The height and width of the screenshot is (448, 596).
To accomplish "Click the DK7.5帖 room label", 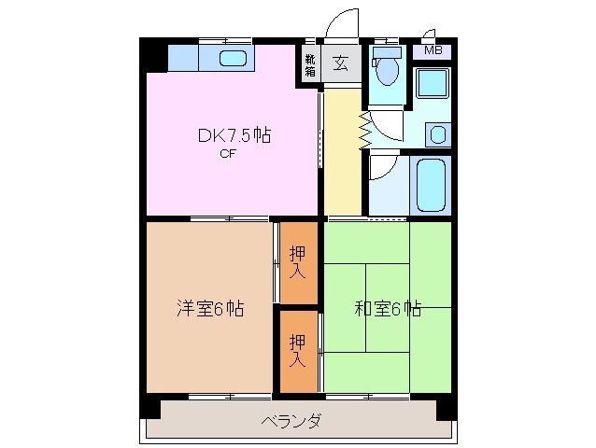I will [233, 136].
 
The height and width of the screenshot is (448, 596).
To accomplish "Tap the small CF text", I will [227, 155].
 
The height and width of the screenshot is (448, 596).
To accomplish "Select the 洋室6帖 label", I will [211, 308].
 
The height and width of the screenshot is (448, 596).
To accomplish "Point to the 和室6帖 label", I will [387, 308].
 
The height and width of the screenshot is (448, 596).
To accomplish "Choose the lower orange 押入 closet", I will [297, 349].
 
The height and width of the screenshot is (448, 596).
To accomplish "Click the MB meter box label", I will [433, 50].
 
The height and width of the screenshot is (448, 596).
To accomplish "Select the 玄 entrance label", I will [340, 64].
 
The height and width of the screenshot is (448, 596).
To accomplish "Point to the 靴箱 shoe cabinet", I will [309, 64].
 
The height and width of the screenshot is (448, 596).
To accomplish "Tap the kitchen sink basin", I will [234, 59].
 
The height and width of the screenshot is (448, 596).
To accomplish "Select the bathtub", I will [431, 185].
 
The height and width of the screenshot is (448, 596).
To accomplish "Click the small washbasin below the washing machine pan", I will [436, 133].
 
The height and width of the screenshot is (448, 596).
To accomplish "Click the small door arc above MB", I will [430, 33].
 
